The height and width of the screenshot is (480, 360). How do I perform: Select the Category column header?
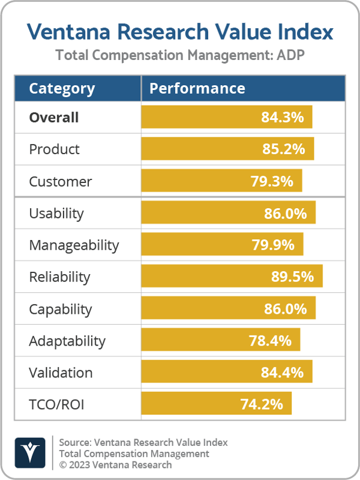(62, 89)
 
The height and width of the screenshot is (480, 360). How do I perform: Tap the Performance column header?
(197, 89)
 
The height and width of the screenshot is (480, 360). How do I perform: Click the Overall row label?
(54, 118)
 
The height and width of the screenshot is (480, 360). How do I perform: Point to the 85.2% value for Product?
(283, 149)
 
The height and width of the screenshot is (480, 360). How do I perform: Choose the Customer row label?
(61, 181)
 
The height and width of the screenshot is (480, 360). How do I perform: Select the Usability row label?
(56, 214)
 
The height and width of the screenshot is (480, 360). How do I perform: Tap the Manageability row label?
(74, 245)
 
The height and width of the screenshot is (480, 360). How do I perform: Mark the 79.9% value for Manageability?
(273, 245)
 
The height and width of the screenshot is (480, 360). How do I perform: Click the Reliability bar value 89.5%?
(292, 277)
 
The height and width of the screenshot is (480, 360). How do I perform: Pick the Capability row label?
(61, 309)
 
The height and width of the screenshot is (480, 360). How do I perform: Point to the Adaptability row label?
(67, 341)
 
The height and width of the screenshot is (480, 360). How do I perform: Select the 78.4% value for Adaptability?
(270, 341)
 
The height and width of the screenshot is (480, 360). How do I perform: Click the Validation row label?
(61, 373)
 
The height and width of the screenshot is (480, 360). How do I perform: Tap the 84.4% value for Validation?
(282, 373)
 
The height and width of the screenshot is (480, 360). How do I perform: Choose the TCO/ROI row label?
(56, 404)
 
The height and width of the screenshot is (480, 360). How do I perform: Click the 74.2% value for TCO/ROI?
(262, 404)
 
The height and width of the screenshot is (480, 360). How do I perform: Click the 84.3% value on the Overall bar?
(282, 118)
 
